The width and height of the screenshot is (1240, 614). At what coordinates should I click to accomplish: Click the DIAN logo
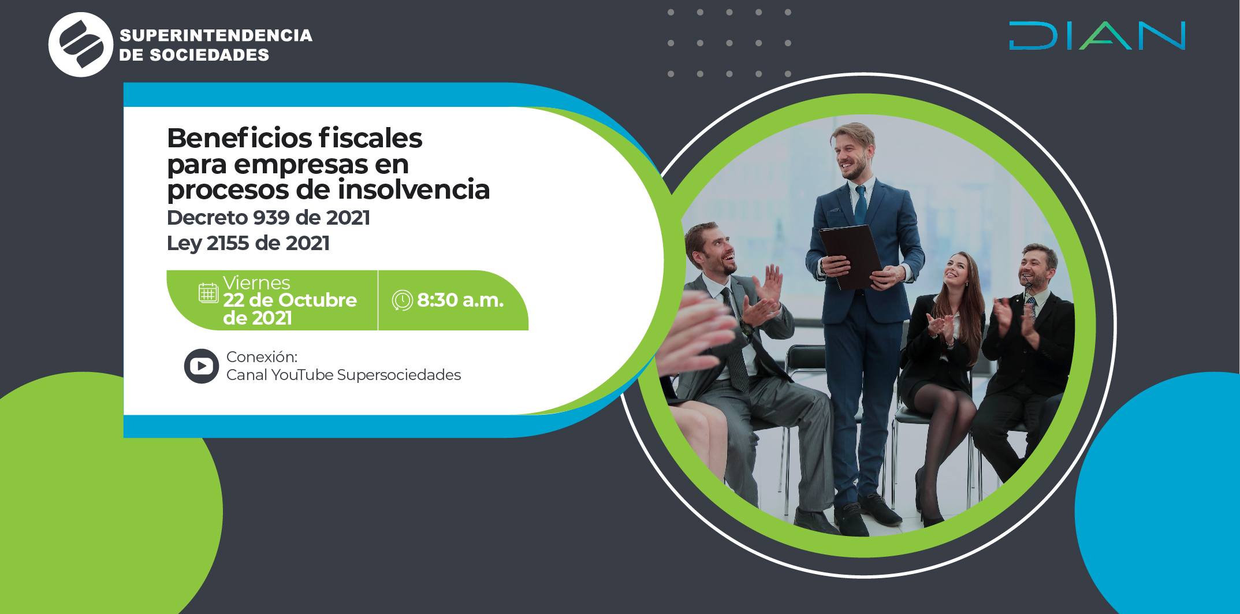pyautogui.click(x=1097, y=36)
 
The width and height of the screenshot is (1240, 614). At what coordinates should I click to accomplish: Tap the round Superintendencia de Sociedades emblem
pyautogui.click(x=81, y=44)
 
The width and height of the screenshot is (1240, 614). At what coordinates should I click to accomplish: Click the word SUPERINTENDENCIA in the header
pyautogui.click(x=216, y=35)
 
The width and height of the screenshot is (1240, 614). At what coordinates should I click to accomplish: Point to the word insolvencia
pyautogui.click(x=414, y=189)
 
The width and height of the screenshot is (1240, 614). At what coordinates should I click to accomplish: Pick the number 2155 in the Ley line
pyautogui.click(x=228, y=243)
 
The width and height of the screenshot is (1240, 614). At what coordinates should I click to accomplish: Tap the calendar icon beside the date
pyautogui.click(x=208, y=293)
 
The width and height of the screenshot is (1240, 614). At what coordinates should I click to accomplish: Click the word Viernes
pyautogui.click(x=256, y=282)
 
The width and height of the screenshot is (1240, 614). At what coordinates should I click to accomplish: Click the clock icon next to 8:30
pyautogui.click(x=403, y=300)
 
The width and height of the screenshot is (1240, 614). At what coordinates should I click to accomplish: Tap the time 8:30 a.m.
pyautogui.click(x=460, y=300)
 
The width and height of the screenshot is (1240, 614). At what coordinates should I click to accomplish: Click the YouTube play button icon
pyautogui.click(x=202, y=366)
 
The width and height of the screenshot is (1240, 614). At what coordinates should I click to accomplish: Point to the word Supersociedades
pyautogui.click(x=399, y=375)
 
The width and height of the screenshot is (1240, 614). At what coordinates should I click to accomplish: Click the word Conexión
pyautogui.click(x=262, y=357)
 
